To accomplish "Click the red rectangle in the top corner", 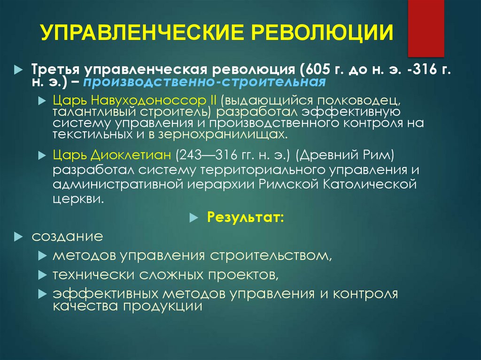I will [x=426, y=28].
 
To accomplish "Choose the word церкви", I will [x=76, y=199].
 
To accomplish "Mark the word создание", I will [x=67, y=236].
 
